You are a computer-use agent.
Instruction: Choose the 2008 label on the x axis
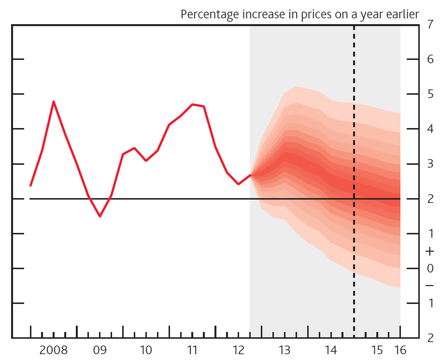click(x=54, y=349)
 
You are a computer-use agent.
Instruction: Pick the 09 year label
click(x=100, y=349)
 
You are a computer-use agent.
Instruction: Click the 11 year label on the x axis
click(x=192, y=349)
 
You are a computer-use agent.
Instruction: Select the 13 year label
click(x=284, y=349)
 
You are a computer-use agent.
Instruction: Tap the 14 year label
click(x=330, y=349)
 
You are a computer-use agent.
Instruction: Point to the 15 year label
click(x=377, y=349)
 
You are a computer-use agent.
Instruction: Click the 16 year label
click(x=400, y=349)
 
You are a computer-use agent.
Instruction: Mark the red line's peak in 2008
click(x=53, y=101)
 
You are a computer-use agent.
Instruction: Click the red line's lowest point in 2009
click(x=100, y=216)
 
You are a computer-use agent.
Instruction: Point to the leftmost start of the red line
click(x=30, y=186)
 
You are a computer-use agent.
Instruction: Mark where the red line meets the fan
click(x=250, y=175)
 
